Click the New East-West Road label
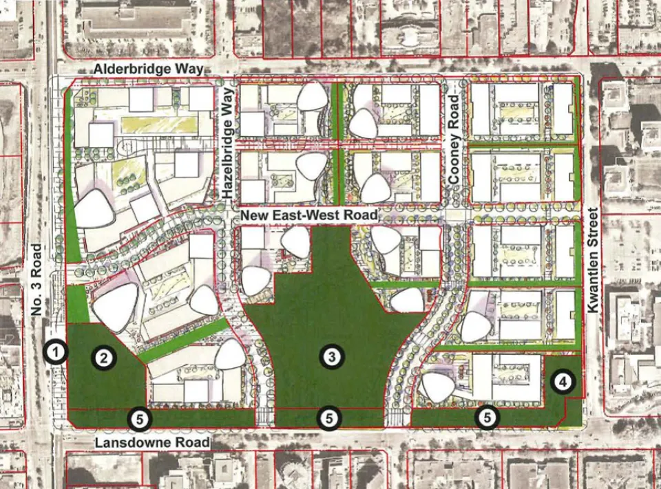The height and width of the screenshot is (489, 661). pyautogui.click(x=309, y=216)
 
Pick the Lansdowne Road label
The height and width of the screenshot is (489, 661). pyautogui.click(x=152, y=442)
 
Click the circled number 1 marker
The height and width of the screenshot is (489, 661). pyautogui.click(x=56, y=353)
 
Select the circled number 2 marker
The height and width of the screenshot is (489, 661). pyautogui.click(x=103, y=357)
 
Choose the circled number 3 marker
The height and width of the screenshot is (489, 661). pyautogui.click(x=332, y=356)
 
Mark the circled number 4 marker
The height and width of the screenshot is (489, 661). pyautogui.click(x=563, y=382)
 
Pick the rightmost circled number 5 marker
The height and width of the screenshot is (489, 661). pyautogui.click(x=487, y=416)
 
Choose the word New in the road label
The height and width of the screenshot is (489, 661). pyautogui.click(x=253, y=216)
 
